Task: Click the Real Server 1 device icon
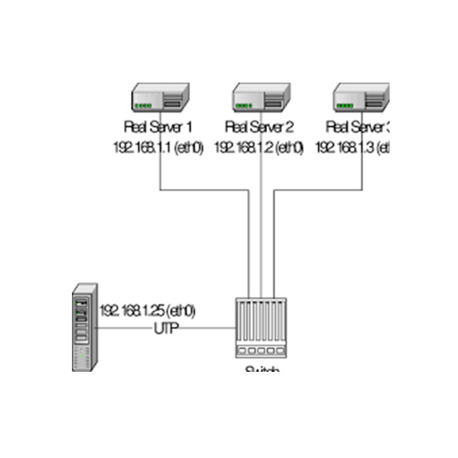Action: click(x=160, y=97)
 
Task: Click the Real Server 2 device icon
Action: click(x=261, y=97)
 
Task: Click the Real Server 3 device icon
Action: click(x=363, y=97)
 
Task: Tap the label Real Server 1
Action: click(x=159, y=127)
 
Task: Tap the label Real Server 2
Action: click(x=259, y=127)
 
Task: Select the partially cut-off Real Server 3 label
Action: click(x=359, y=127)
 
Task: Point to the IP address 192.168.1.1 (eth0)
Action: click(x=159, y=147)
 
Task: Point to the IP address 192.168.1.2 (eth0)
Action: click(x=259, y=147)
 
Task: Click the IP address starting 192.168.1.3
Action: click(x=354, y=147)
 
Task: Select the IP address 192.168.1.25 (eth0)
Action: click(x=147, y=311)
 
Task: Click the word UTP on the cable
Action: click(x=166, y=328)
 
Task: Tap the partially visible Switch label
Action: click(x=261, y=370)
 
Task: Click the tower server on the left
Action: click(x=85, y=328)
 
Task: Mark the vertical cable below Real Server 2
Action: click(x=261, y=228)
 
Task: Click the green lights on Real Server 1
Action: click(x=143, y=106)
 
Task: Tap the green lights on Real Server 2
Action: click(x=244, y=106)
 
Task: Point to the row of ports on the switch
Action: click(x=261, y=351)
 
